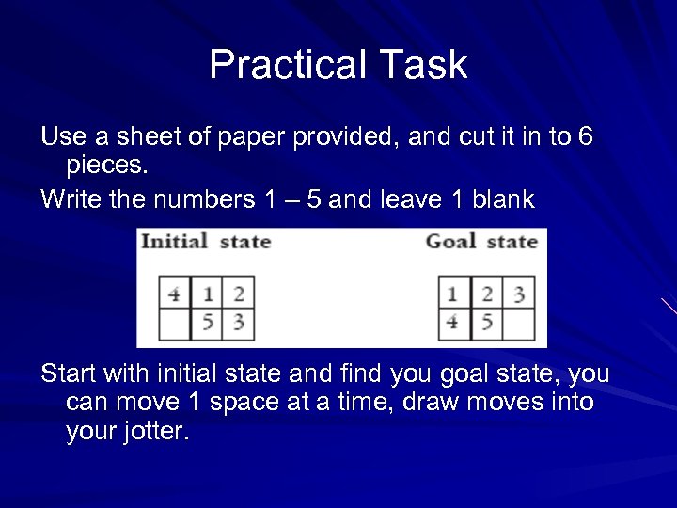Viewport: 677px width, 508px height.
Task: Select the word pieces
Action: point(107,166)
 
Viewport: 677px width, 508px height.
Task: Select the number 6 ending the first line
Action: point(585,137)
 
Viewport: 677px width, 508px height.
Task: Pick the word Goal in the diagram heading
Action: point(450,241)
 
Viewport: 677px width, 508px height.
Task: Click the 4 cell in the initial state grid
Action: point(174,294)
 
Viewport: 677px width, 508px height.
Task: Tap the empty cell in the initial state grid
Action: point(174,324)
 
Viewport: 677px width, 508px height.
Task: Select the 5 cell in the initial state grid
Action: point(207,324)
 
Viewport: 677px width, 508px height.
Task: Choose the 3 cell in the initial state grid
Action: point(238,324)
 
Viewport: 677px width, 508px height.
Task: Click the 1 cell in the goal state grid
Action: point(453,294)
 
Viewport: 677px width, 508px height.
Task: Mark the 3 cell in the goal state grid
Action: point(518,294)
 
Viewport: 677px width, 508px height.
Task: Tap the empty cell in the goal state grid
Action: point(518,324)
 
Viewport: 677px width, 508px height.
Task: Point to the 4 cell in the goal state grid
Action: point(453,324)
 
